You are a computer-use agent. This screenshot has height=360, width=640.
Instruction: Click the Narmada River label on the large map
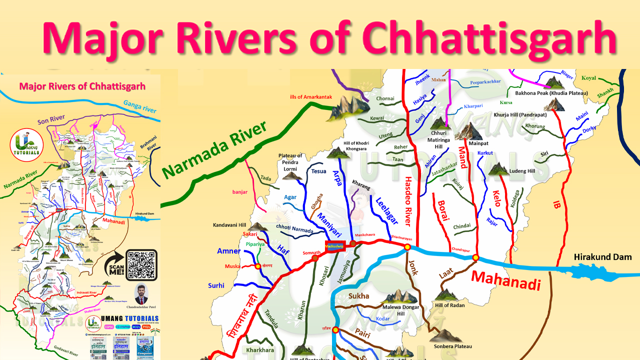215,150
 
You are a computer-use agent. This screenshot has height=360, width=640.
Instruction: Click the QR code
141,264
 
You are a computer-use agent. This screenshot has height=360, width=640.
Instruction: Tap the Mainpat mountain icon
468,131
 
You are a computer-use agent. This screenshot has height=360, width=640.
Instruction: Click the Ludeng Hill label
521,171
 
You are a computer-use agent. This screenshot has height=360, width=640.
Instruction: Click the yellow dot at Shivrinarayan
407,247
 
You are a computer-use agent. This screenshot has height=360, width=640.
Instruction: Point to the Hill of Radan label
449,305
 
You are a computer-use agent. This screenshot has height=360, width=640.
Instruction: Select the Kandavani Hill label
229,225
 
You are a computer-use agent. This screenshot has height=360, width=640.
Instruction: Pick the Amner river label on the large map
229,251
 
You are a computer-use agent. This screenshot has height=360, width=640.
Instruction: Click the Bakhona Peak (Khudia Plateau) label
551,93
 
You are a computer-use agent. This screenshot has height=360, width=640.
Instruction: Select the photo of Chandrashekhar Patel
141,293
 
